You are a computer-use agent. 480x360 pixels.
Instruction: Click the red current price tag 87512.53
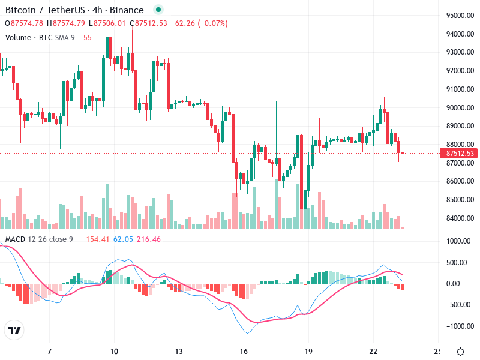(461, 154)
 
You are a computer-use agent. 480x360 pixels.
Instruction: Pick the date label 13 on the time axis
(179, 351)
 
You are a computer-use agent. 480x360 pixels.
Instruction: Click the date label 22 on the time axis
(374, 351)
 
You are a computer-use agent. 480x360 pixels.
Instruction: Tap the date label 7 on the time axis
(49, 351)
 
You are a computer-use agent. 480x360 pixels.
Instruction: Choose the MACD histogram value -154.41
(96, 239)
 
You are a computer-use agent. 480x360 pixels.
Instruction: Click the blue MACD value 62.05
(123, 239)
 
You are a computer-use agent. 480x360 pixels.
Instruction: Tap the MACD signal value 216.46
(149, 239)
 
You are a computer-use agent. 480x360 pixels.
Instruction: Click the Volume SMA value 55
(88, 37)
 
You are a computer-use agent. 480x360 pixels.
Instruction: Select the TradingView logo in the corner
(14, 330)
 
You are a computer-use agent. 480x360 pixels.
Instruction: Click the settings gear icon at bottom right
(460, 352)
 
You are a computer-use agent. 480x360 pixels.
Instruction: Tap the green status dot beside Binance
(157, 10)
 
